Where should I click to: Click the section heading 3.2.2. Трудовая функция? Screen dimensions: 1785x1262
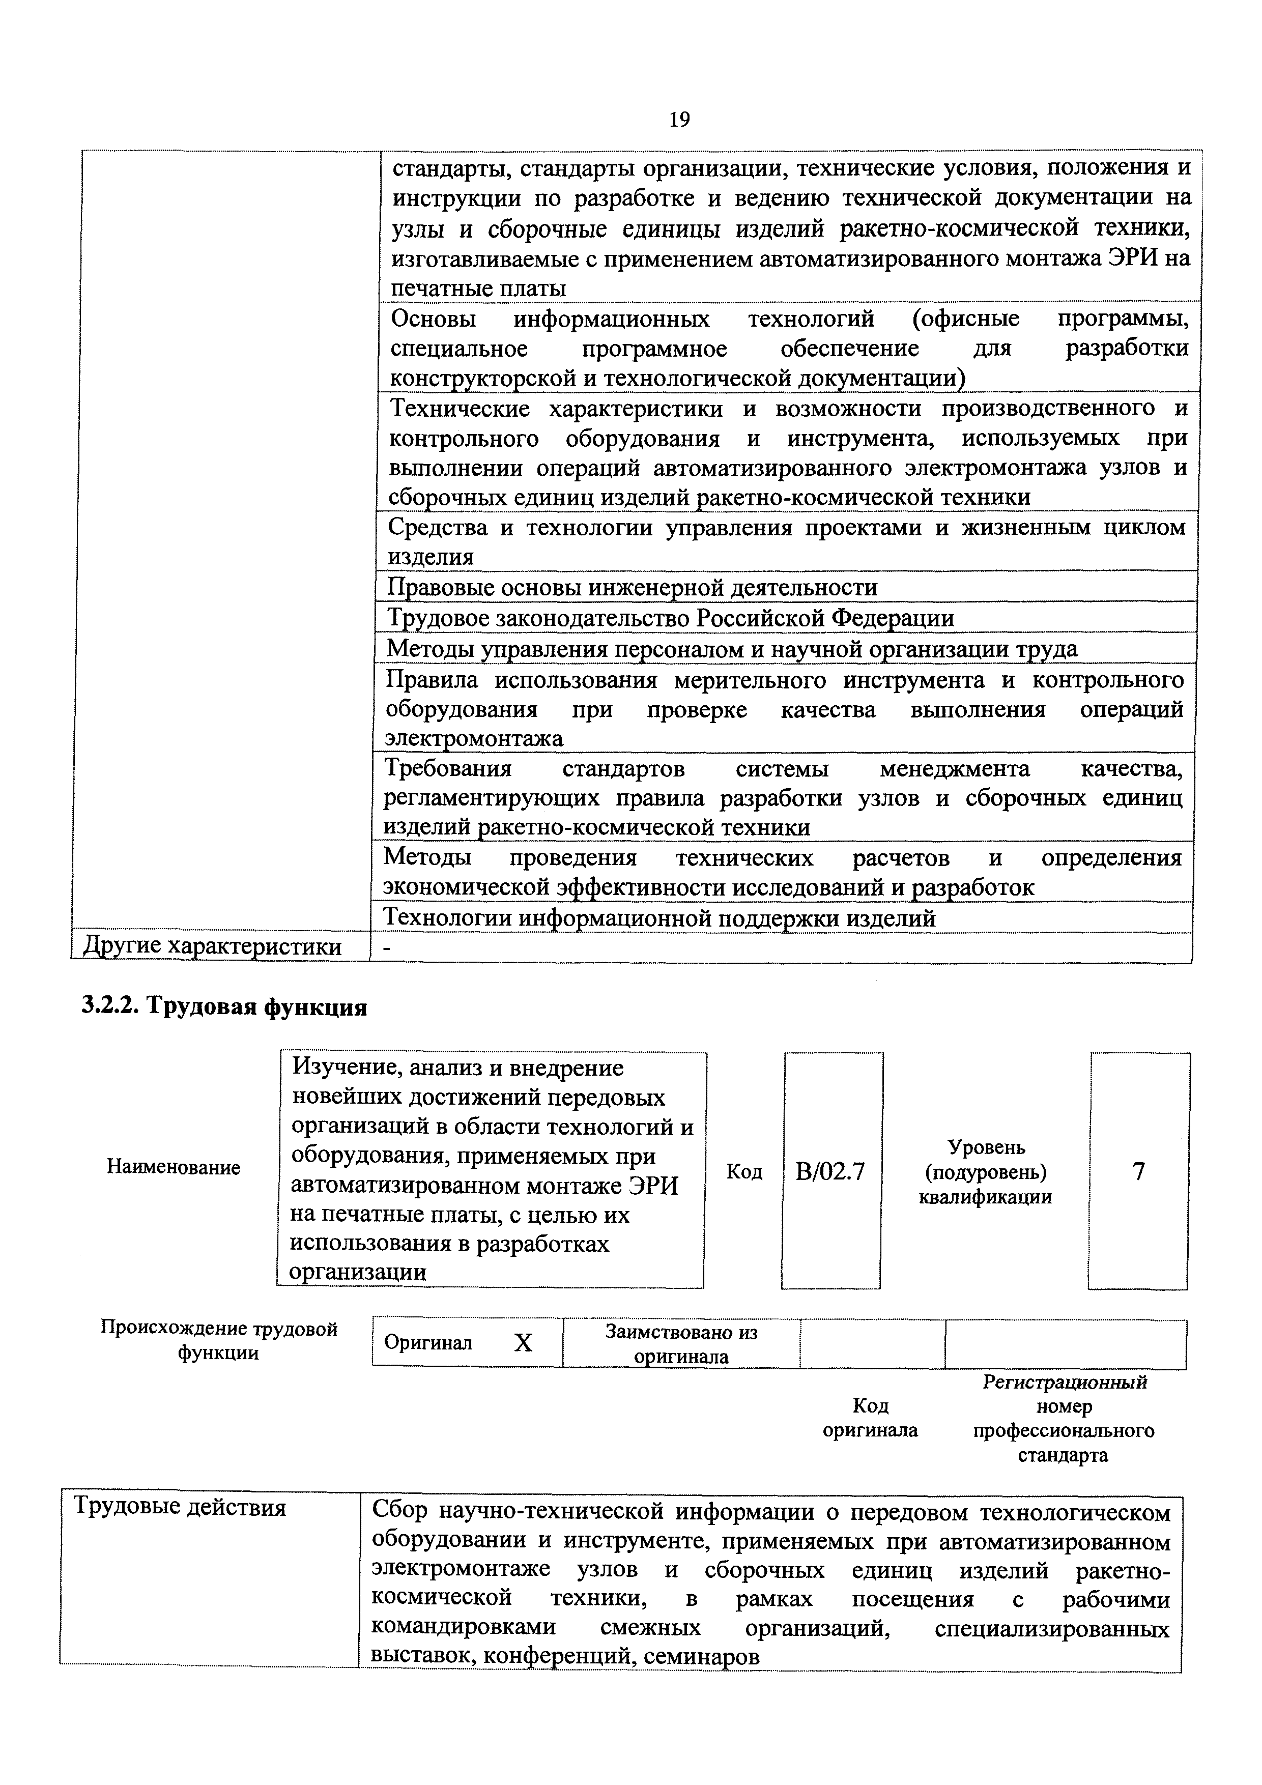point(224,1007)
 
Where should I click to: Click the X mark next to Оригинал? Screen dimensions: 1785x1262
point(523,1343)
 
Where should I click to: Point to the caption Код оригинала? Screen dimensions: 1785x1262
point(870,1418)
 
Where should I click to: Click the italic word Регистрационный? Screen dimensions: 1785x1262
point(1065,1383)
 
